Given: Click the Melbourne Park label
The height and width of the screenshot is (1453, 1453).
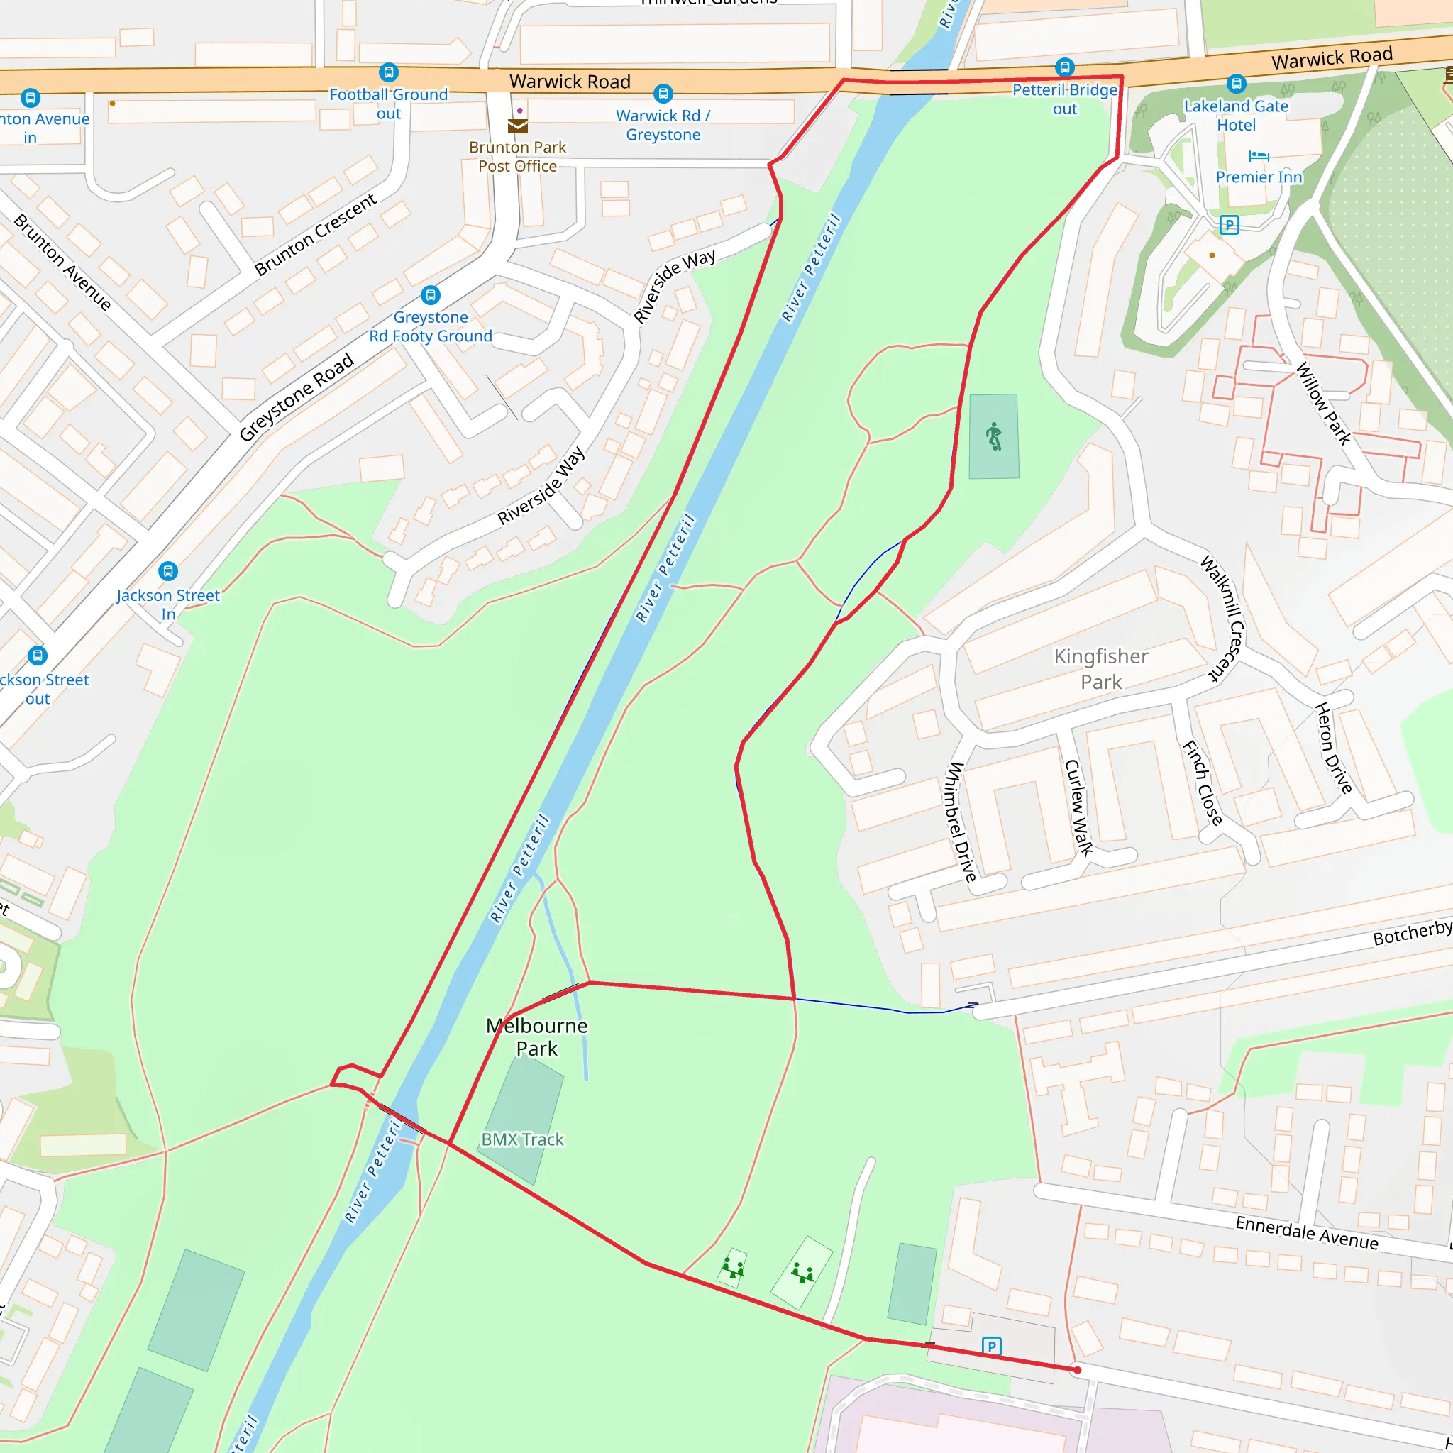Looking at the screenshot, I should click(x=536, y=1037).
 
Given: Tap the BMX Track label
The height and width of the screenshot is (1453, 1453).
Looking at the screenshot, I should click(x=522, y=1139).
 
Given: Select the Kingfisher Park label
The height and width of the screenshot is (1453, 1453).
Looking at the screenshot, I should click(x=1100, y=668).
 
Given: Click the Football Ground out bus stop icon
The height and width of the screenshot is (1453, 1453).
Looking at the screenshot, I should click(x=388, y=72).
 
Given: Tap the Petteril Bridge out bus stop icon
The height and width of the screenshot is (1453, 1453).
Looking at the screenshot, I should click(x=1064, y=67).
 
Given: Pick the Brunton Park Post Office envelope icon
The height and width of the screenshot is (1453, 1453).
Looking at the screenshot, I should click(x=517, y=126).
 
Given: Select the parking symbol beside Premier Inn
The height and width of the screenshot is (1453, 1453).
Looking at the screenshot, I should click(x=1229, y=225).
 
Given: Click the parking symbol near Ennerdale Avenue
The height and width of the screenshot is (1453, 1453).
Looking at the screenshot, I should click(x=991, y=1346).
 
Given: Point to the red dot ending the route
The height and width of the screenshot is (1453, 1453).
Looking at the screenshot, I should click(x=1077, y=1369).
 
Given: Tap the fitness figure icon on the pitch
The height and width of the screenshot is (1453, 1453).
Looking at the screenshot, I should click(x=994, y=436).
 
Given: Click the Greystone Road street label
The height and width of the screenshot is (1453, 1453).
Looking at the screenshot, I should click(x=297, y=397).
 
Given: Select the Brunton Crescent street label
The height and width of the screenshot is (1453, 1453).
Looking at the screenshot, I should click(x=316, y=235).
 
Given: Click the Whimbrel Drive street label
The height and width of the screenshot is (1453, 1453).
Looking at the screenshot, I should click(x=961, y=822).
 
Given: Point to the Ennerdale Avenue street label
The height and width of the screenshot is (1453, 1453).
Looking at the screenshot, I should click(x=1306, y=1232).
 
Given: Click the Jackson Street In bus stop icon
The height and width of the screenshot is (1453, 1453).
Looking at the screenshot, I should click(x=167, y=570).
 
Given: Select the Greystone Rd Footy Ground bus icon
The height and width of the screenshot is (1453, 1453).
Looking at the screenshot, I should click(x=430, y=295).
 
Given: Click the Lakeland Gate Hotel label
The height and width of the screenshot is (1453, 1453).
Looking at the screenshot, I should click(x=1236, y=115).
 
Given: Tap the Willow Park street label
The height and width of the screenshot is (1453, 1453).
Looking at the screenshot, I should click(x=1323, y=403).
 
